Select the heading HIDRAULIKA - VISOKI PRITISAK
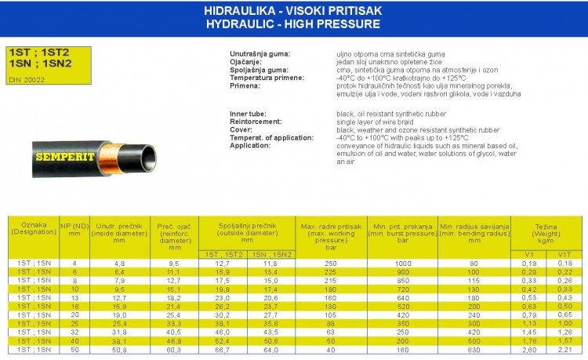tap(292, 13)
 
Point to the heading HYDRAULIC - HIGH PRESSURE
tap(292, 24)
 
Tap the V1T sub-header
tap(564, 255)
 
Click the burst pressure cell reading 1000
tap(403, 264)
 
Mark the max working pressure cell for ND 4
tap(330, 264)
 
